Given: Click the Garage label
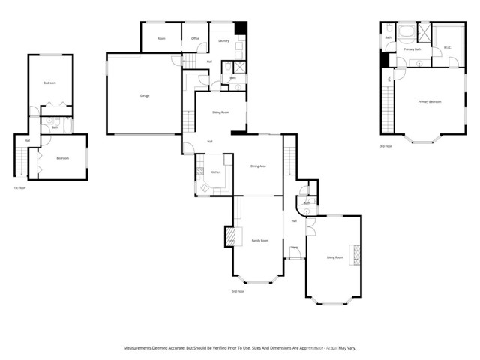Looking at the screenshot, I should point(143,96).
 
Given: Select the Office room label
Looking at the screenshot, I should point(195,38).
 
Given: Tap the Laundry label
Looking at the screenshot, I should point(223,40).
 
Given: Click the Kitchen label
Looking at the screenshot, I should point(215,172).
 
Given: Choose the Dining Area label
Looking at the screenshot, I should point(258,166).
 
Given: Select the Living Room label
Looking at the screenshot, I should point(334,257).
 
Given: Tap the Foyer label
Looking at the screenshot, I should point(295,247).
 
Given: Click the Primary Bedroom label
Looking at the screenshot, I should point(430,101).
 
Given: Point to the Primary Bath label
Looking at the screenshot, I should point(413,49).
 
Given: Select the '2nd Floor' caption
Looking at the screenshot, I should point(238,291).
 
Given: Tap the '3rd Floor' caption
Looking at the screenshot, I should point(385,146).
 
